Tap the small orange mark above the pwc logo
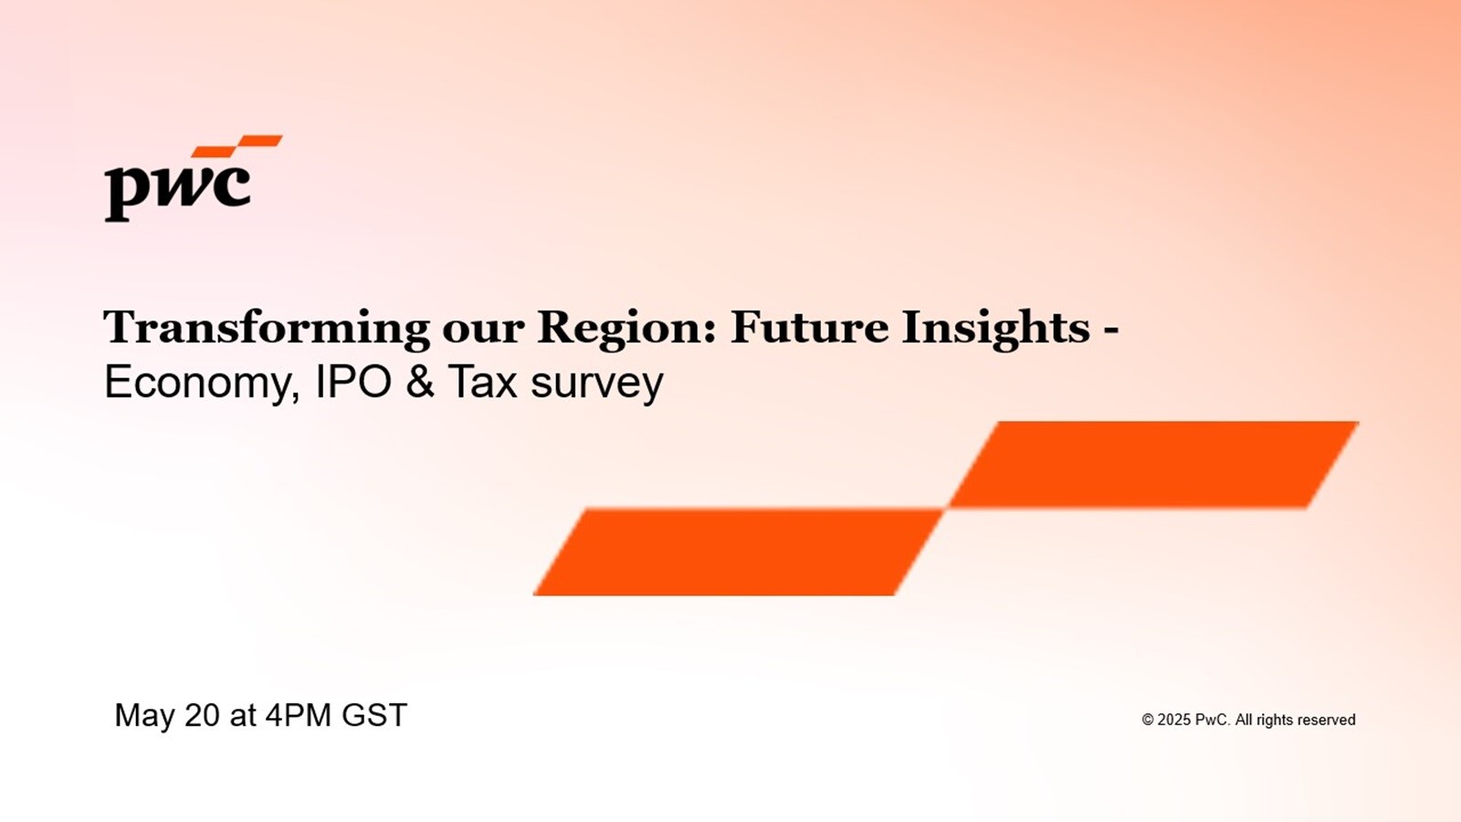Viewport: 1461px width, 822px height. tap(237, 145)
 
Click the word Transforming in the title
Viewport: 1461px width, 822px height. tap(267, 328)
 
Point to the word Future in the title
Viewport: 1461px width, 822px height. tap(809, 327)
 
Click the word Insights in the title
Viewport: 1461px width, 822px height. tap(995, 328)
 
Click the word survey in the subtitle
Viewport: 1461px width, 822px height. tap(597, 385)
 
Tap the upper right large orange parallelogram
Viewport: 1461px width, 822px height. tap(1153, 465)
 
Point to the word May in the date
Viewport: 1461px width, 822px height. tap(145, 716)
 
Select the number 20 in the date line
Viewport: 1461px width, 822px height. tap(202, 715)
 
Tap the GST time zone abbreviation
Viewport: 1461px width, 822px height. tap(374, 715)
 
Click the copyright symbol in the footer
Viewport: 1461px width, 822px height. tap(1148, 720)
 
